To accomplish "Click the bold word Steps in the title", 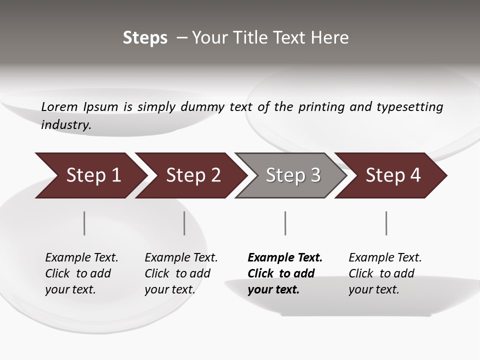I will tap(145, 38).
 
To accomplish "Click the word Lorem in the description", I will tap(59, 106).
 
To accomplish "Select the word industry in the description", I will tap(65, 125).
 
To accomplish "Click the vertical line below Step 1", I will tap(84, 223).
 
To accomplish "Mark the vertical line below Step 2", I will tap(184, 223).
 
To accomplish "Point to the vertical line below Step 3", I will tap(285, 223).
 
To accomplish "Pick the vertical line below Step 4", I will tap(386, 223).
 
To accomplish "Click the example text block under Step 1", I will tap(81, 273).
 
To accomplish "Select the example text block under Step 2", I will tap(181, 273).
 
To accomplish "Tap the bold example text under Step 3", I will tap(285, 273).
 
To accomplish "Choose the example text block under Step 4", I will tap(385, 273).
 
